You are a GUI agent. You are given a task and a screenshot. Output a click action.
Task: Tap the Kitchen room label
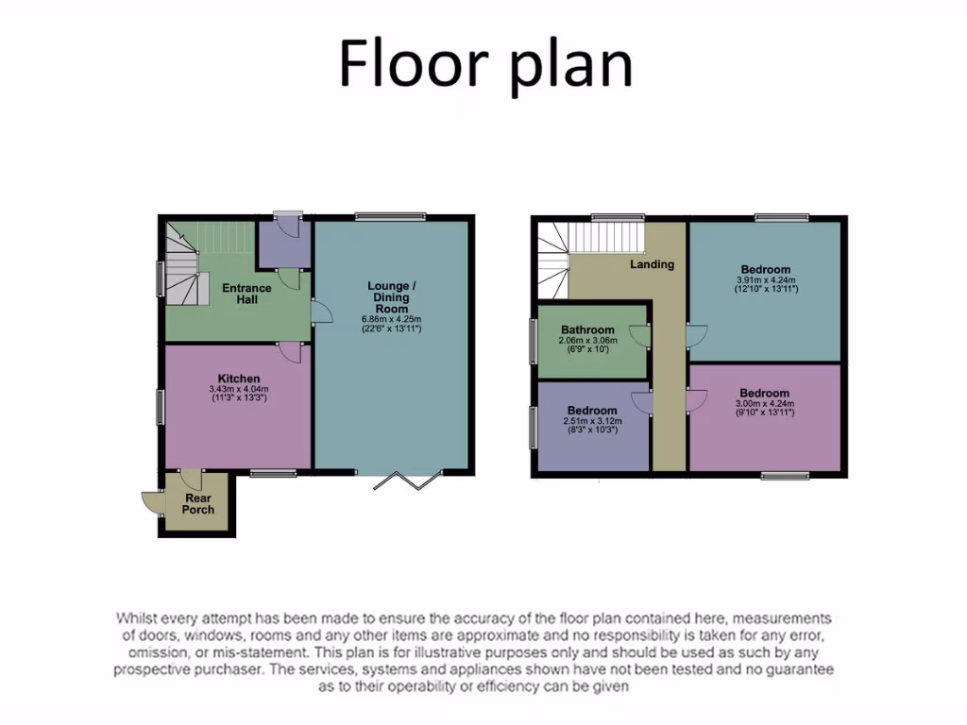coord(239,379)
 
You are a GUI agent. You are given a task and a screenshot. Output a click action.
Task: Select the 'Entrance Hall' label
coord(246,294)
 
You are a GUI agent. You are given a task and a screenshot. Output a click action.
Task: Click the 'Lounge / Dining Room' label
coord(391,296)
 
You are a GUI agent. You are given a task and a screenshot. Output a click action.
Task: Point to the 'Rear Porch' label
coord(198,504)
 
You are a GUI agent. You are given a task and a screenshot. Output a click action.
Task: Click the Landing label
coord(653,264)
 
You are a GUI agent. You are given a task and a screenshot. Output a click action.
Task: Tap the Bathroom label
coord(588,329)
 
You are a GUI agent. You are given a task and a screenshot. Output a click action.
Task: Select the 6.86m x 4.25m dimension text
coord(391,318)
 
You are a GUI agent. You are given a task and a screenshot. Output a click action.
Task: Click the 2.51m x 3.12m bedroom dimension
coord(592,421)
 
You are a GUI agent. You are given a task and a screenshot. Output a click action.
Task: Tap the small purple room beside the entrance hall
coord(284,241)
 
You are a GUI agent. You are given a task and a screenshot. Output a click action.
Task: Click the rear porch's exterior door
coord(149,503)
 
